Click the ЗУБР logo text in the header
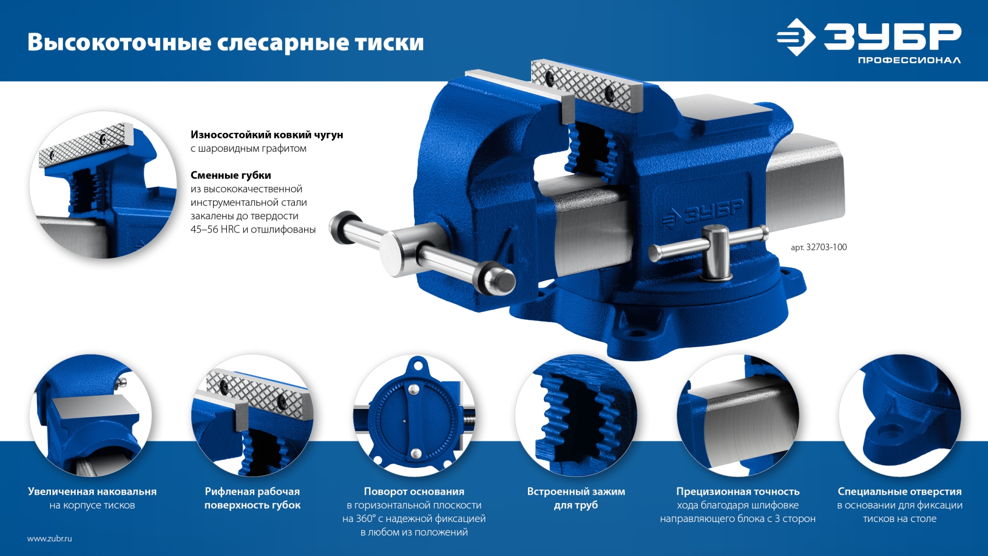tap(892, 37)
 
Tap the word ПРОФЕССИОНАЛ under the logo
tap(909, 61)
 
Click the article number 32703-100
tap(825, 247)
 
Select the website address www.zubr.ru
tap(49, 538)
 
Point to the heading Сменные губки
tap(231, 175)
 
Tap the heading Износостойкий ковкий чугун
tap(267, 135)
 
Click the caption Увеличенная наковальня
tap(92, 492)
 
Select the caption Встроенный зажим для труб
tap(576, 498)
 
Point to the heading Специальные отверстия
tap(899, 492)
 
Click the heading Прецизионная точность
tap(737, 492)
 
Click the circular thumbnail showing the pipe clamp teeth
tap(576, 415)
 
